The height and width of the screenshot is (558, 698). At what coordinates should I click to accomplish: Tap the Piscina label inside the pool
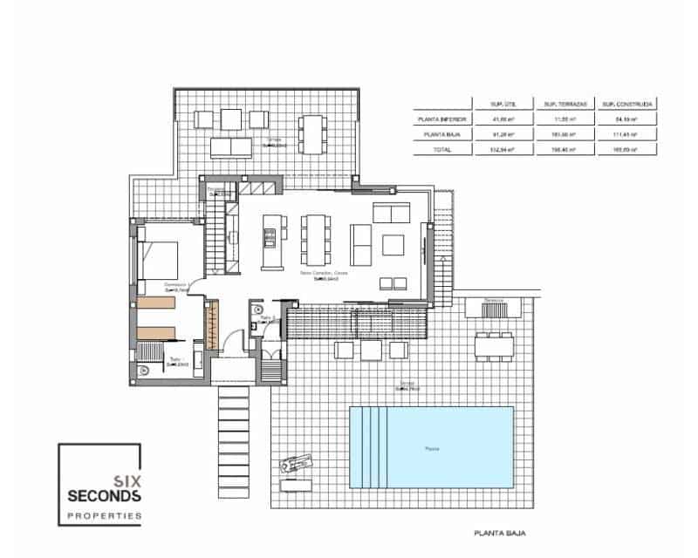point(432,449)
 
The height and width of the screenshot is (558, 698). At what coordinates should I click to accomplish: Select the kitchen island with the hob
point(270,239)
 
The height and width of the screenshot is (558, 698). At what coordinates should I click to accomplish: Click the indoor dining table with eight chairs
point(315,239)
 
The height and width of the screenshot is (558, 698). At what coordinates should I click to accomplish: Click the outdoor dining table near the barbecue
point(494,344)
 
